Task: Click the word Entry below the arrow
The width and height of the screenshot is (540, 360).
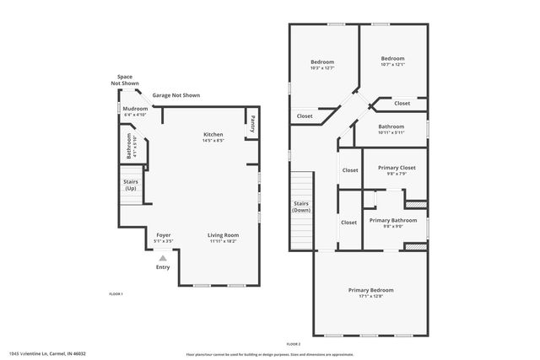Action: coord(163,267)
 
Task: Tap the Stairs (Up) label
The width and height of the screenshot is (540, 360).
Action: coord(131,185)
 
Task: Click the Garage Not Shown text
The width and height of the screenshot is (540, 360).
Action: coord(175,96)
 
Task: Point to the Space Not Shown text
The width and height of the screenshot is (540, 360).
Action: coord(125,80)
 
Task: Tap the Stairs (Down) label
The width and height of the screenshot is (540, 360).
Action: coord(301,207)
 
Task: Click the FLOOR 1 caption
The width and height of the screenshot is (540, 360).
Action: coord(116,293)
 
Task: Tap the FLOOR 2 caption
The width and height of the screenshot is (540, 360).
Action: coord(293,344)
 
